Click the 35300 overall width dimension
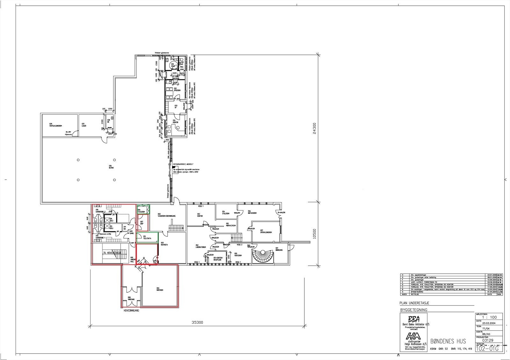[197, 322]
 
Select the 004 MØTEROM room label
[160, 290]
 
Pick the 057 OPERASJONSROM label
[266, 232]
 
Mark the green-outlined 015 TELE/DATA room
[147, 237]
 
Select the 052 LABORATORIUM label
[201, 247]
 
